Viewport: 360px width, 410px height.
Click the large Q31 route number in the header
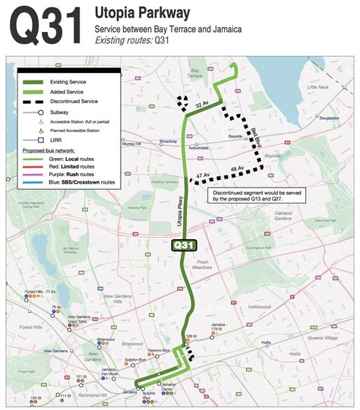tap(45, 27)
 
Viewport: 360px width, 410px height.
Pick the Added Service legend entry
tap(66, 91)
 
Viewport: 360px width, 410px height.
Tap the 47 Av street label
tap(201, 177)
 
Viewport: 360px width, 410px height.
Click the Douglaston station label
tap(329, 118)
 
